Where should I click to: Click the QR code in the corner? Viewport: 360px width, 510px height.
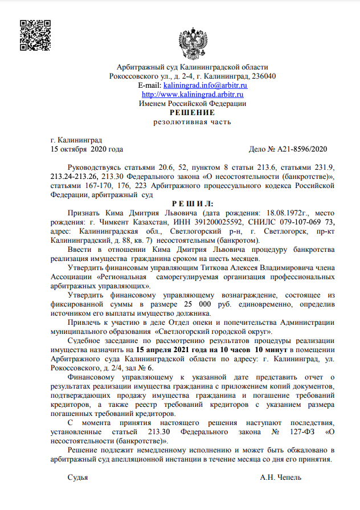35,35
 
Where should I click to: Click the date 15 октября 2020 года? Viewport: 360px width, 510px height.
87,149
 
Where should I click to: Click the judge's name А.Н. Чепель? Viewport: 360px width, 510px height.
280,476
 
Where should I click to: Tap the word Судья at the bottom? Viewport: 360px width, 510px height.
78,476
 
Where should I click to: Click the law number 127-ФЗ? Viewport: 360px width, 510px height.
300,431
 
